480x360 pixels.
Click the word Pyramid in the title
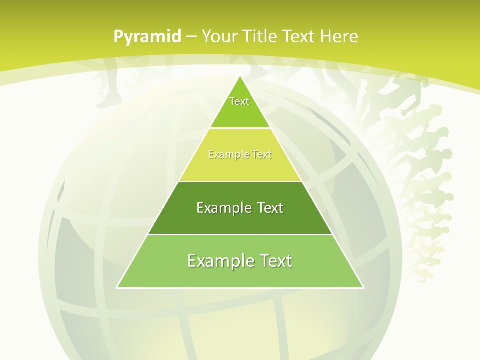pyautogui.click(x=147, y=37)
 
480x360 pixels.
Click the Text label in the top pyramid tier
pyautogui.click(x=239, y=101)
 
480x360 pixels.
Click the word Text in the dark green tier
pyautogui.click(x=270, y=208)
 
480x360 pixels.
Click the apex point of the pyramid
pyautogui.click(x=240, y=77)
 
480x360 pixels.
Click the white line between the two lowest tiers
pyautogui.click(x=240, y=234)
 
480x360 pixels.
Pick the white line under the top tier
pyautogui.click(x=240, y=128)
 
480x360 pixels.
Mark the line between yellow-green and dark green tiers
pyautogui.click(x=240, y=181)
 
